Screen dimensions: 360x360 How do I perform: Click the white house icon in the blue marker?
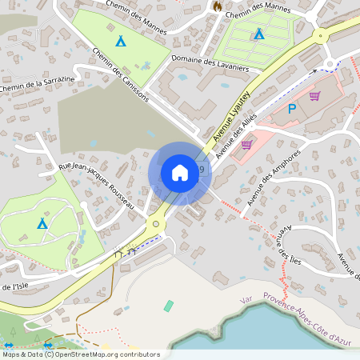180,172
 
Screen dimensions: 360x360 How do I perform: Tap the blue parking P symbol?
292,109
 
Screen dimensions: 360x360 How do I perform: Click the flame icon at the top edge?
216,6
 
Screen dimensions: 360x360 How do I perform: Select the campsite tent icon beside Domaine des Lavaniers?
258,34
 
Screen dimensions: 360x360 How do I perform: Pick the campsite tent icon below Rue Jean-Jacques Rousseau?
42,223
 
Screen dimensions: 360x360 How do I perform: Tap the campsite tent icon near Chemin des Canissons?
121,41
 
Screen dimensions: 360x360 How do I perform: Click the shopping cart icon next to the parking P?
314,96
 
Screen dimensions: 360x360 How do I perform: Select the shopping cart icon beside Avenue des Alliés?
246,145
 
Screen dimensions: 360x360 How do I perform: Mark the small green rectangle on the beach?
169,306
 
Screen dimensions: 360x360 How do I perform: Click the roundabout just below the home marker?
155,225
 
